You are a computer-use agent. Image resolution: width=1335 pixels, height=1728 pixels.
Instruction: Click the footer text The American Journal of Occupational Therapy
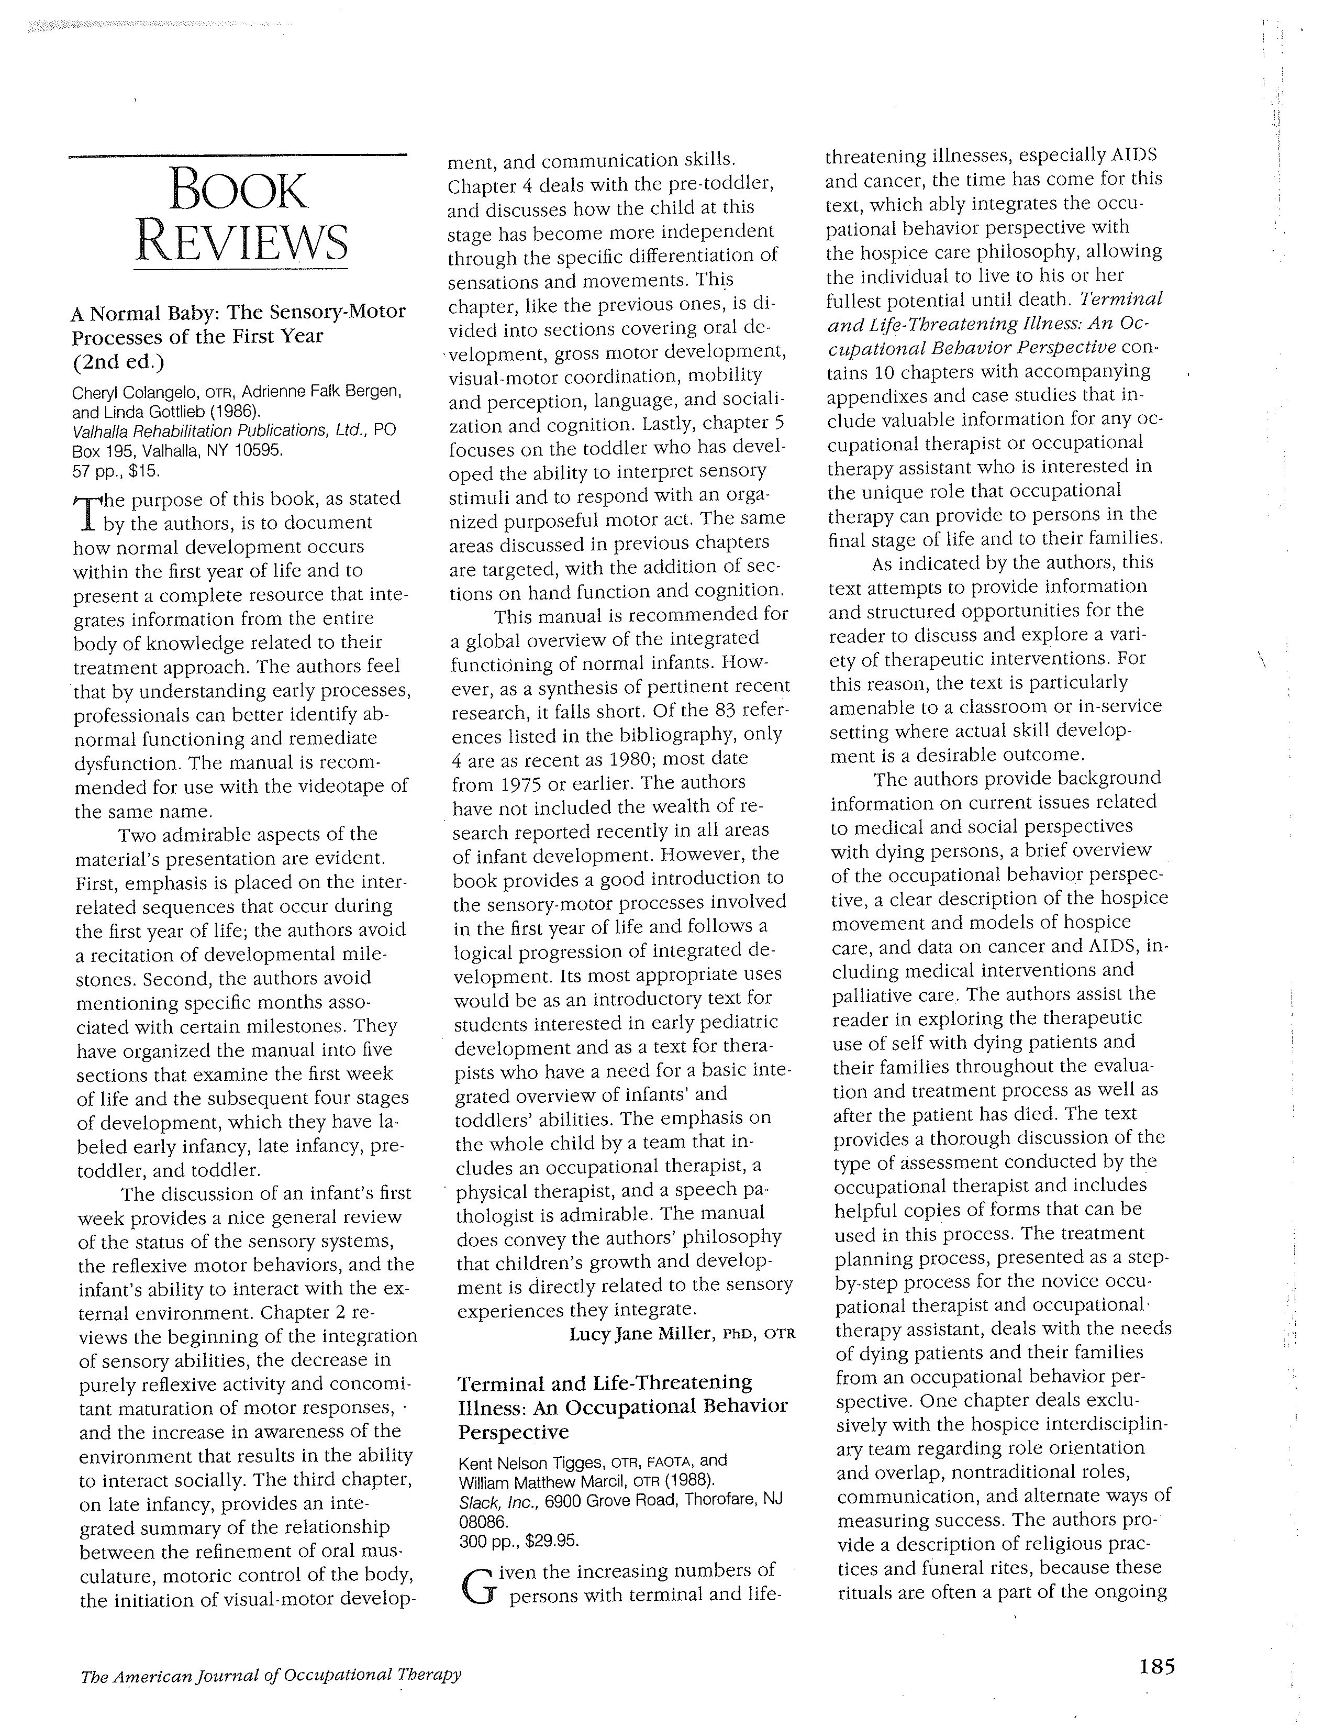pyautogui.click(x=271, y=1674)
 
